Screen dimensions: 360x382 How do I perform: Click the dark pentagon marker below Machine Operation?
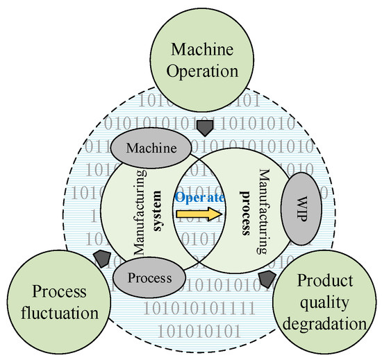[x=205, y=128]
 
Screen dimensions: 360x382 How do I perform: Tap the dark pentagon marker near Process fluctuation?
[x=101, y=259]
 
